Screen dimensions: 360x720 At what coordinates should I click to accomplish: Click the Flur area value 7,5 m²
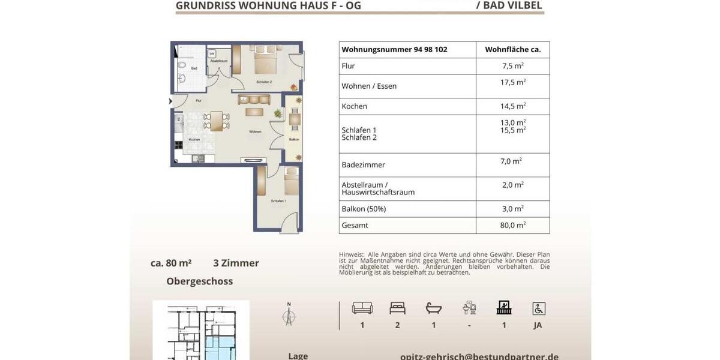click(512, 66)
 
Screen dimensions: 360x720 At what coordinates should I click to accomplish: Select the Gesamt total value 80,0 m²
click(512, 226)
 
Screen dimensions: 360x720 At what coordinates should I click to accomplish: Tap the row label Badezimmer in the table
click(363, 165)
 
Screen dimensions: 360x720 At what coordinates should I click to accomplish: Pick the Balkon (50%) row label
click(364, 209)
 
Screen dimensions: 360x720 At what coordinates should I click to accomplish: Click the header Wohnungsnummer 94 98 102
click(394, 50)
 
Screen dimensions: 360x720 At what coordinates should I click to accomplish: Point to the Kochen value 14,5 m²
click(514, 106)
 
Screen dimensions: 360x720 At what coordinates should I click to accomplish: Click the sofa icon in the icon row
click(362, 308)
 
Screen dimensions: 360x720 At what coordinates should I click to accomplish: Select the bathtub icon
click(433, 308)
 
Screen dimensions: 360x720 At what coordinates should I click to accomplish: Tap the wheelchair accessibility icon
click(539, 308)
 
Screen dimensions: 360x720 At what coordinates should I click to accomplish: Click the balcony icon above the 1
click(504, 308)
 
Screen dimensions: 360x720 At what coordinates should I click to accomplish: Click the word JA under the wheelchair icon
click(538, 325)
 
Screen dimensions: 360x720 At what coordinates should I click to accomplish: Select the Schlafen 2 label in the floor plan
click(264, 82)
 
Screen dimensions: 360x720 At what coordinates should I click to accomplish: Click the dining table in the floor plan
click(216, 121)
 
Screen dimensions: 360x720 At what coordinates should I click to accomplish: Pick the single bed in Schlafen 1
click(291, 182)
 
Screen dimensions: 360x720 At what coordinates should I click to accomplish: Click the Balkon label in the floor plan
click(294, 140)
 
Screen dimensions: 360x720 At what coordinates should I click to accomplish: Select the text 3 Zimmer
click(236, 263)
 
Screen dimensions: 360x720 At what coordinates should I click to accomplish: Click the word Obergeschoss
click(199, 281)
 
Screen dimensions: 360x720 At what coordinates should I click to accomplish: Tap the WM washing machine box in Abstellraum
click(212, 53)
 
